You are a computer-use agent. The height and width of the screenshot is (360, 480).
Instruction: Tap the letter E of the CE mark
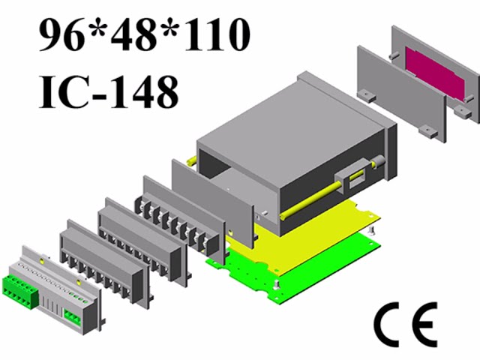coord(423,323)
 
